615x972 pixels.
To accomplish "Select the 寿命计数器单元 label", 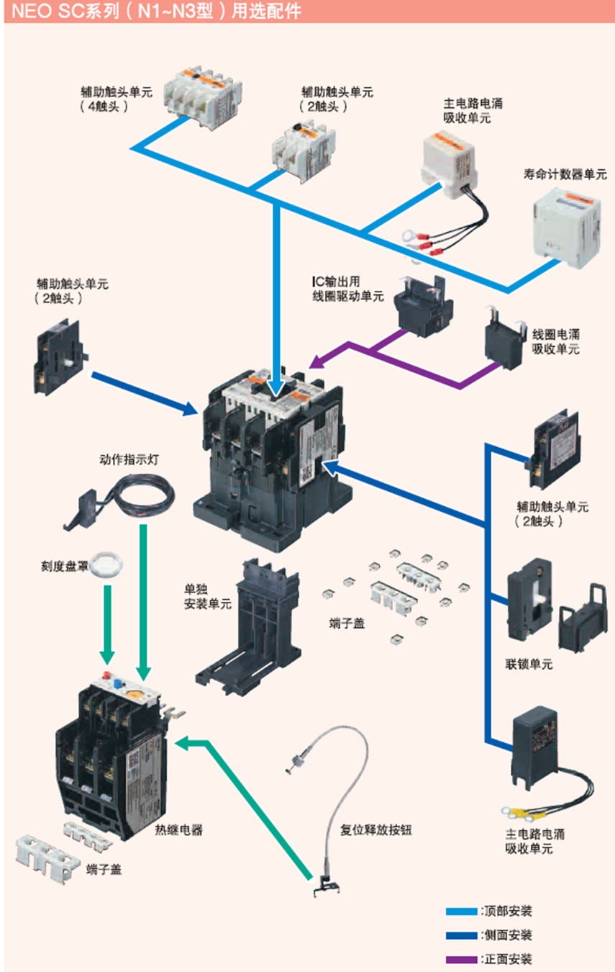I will [x=565, y=174].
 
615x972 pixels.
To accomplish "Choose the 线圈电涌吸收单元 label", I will [x=556, y=342].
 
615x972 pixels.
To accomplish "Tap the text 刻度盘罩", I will [x=65, y=567].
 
